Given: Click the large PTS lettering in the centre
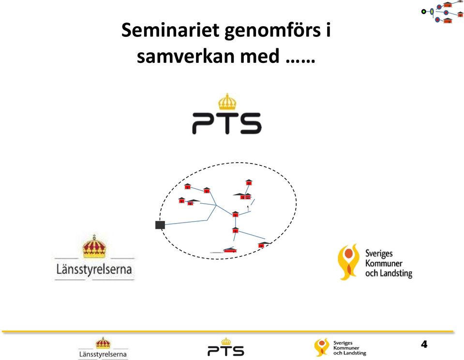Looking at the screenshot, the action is (x=226, y=123).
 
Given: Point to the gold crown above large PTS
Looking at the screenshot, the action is (x=227, y=102).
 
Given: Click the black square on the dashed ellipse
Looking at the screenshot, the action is (x=160, y=225).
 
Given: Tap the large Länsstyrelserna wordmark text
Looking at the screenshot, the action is (x=94, y=270).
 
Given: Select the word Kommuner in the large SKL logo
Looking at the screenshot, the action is (x=384, y=263).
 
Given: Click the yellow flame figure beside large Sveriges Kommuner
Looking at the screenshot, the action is (x=348, y=262).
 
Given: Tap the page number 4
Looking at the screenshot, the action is (x=424, y=345).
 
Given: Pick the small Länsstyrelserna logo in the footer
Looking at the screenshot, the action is (x=103, y=348).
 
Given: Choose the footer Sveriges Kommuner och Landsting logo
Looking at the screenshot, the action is (x=340, y=347).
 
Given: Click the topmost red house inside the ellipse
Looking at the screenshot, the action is (x=249, y=182).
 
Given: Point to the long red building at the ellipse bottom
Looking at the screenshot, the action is (x=230, y=250).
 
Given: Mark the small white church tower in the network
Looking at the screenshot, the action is (x=248, y=209).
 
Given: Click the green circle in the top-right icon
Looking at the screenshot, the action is (x=424, y=12).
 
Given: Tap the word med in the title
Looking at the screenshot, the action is (x=259, y=56).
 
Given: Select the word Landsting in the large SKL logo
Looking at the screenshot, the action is (x=396, y=273).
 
